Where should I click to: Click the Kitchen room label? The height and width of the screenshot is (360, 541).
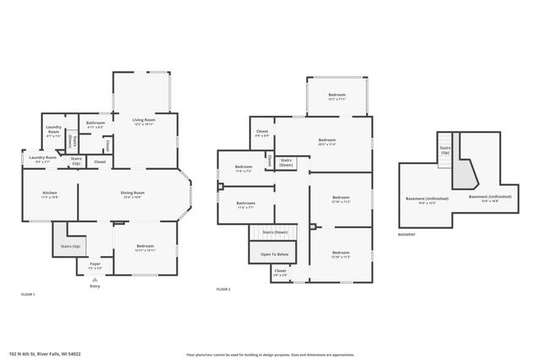tap(50, 194)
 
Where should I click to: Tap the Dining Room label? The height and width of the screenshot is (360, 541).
tap(134, 194)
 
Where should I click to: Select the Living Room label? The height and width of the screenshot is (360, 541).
tap(143, 121)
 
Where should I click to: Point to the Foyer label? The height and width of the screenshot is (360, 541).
tap(95, 265)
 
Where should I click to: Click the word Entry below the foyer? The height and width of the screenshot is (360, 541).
tap(95, 286)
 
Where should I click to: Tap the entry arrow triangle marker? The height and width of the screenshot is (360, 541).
tap(95, 278)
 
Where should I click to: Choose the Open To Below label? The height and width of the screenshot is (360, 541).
tap(275, 254)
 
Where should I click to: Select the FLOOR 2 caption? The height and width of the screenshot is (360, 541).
tap(224, 290)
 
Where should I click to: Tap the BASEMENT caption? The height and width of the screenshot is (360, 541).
tap(407, 234)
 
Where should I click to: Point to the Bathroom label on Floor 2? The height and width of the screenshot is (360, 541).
tap(246, 204)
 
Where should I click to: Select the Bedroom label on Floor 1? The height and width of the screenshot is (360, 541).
tap(145, 247)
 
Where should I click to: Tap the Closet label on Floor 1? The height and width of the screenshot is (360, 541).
tap(100, 161)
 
